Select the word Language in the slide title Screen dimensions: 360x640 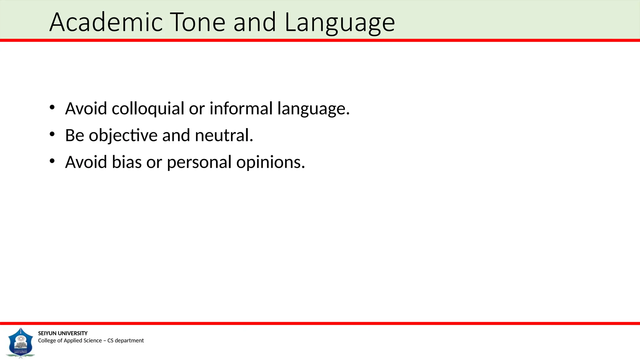click(340, 23)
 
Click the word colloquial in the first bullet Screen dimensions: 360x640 click(148, 108)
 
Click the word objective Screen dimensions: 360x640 click(123, 136)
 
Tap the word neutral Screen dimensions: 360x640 click(224, 135)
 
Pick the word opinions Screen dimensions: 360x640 click(271, 162)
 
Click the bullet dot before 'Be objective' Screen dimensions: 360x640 click(52, 134)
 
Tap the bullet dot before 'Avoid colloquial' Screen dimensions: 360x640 click(52, 107)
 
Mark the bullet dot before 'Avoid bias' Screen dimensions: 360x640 click(52, 161)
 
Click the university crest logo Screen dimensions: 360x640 click(21, 343)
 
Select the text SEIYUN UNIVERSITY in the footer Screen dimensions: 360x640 click(63, 333)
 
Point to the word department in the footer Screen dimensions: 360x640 click(129, 341)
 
